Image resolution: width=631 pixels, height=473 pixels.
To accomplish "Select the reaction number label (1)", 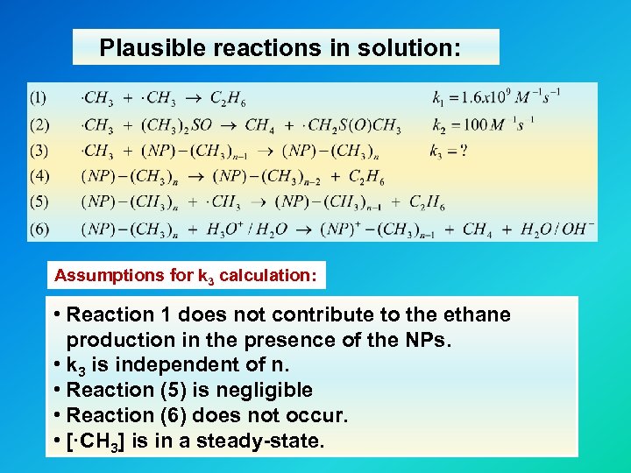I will pyautogui.click(x=39, y=97).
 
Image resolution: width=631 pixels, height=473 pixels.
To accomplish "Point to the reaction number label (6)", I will pyautogui.click(x=39, y=229).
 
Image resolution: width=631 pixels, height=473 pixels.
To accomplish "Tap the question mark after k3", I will pyautogui.click(x=464, y=151).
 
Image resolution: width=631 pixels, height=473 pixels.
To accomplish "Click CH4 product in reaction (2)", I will pyautogui.click(x=259, y=124).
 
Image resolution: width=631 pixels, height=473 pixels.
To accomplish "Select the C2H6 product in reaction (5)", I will pyautogui.click(x=427, y=203).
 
